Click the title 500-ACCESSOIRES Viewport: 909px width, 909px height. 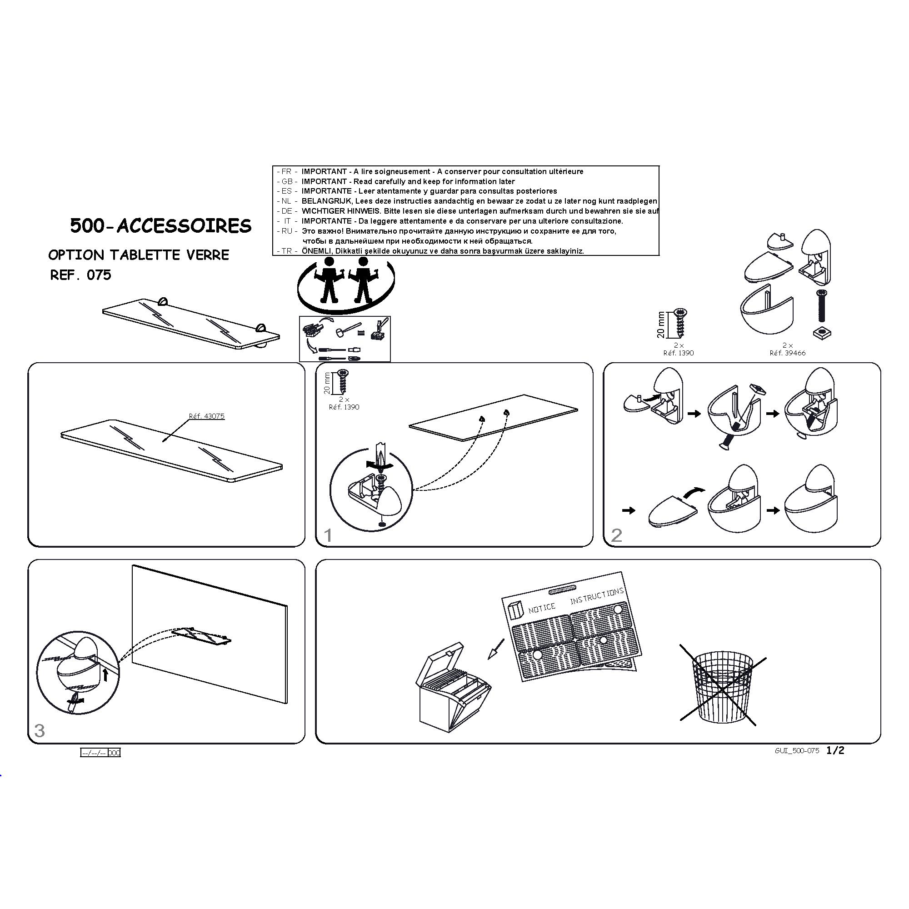pos(161,226)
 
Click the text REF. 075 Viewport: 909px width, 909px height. pos(80,275)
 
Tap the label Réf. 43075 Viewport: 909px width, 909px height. pos(206,416)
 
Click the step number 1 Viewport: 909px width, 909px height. pos(328,535)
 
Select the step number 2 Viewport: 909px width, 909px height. pos(616,535)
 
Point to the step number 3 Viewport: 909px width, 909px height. pos(40,730)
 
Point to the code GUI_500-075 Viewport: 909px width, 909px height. pos(797,751)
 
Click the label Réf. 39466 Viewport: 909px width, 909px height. pos(788,353)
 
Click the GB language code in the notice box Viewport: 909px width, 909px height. pos(287,182)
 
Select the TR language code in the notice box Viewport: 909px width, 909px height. pos(287,251)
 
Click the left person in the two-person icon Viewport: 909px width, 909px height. pos(329,280)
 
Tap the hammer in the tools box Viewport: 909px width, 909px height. pos(348,330)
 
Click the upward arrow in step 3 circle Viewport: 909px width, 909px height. pos(105,676)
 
